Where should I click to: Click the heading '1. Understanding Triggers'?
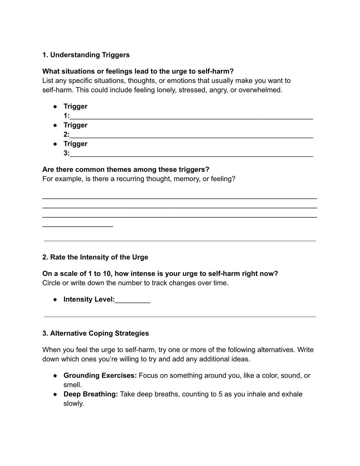click(x=86, y=55)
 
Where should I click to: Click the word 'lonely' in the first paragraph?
click(x=166, y=90)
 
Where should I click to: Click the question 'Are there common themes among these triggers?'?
click(x=126, y=169)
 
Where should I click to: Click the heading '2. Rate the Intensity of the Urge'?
click(x=95, y=257)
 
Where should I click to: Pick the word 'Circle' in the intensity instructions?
click(x=51, y=283)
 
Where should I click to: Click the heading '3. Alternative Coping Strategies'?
click(x=96, y=333)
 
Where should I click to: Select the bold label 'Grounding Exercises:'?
click(x=100, y=376)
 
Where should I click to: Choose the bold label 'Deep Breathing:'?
click(x=91, y=394)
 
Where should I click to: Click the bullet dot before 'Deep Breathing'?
click(x=55, y=394)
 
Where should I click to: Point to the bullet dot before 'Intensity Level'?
click(x=55, y=299)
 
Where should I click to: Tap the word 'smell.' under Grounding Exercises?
click(x=73, y=385)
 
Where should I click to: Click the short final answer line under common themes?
click(x=78, y=226)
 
